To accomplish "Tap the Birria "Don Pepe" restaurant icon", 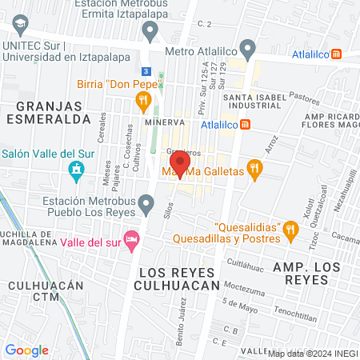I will tap(144, 100).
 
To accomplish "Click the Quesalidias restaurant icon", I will tap(290, 233).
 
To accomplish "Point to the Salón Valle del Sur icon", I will tap(76, 170).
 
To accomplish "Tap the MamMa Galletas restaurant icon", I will tap(254, 169).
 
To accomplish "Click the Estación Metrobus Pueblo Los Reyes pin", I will tap(146, 206).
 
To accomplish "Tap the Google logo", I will tap(27, 350).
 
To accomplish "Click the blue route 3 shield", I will tap(145, 70).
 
